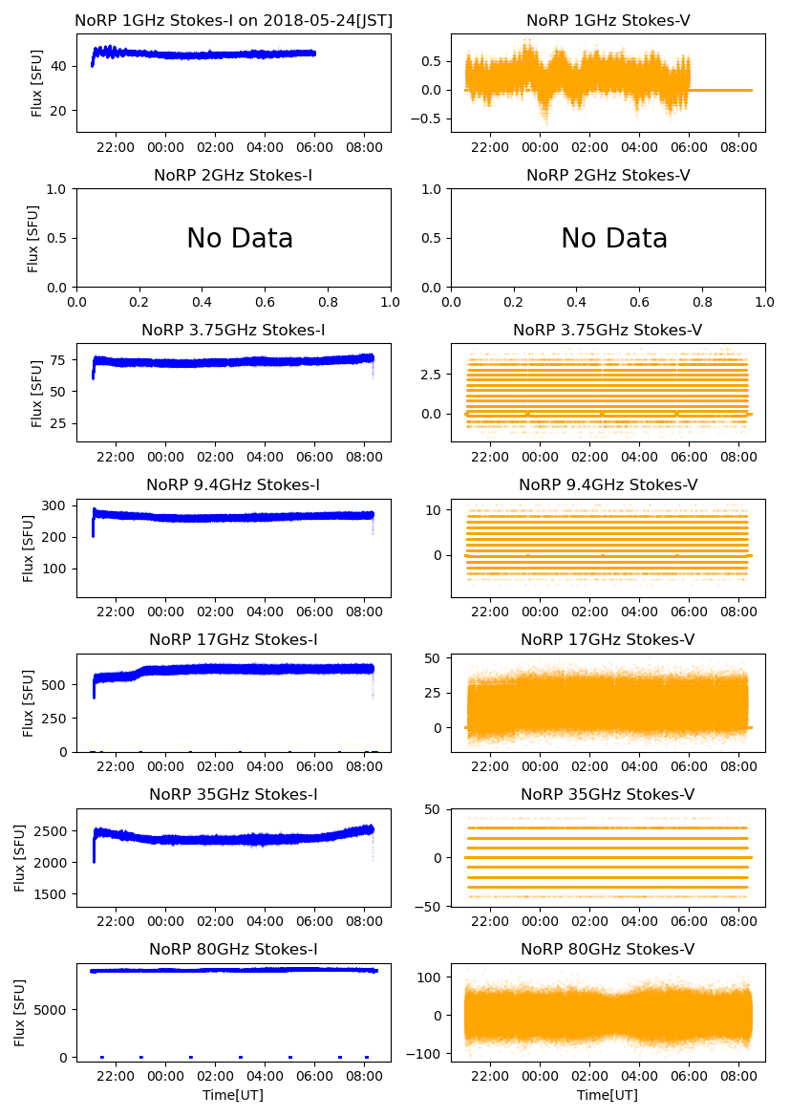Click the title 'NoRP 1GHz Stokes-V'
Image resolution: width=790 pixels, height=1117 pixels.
[608, 20]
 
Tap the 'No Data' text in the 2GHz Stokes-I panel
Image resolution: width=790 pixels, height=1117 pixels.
[240, 239]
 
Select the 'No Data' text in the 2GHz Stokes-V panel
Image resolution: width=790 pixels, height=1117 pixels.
[614, 239]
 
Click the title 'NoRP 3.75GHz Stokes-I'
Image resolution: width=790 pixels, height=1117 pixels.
[233, 330]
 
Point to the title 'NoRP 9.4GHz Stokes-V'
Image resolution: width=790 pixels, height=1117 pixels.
[608, 484]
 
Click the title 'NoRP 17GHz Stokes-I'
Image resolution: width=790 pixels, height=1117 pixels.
[233, 639]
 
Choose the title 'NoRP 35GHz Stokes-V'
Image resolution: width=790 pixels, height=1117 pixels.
[608, 794]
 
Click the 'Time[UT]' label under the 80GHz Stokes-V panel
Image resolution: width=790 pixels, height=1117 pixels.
[608, 1095]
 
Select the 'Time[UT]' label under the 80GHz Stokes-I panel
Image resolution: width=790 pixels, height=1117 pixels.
[233, 1095]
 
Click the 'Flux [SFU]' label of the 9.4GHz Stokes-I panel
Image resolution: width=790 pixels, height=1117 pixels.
[30, 548]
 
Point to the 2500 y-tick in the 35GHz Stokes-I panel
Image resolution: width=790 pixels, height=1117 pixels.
[53, 830]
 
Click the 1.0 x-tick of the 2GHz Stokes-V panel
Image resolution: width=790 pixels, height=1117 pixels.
[764, 303]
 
